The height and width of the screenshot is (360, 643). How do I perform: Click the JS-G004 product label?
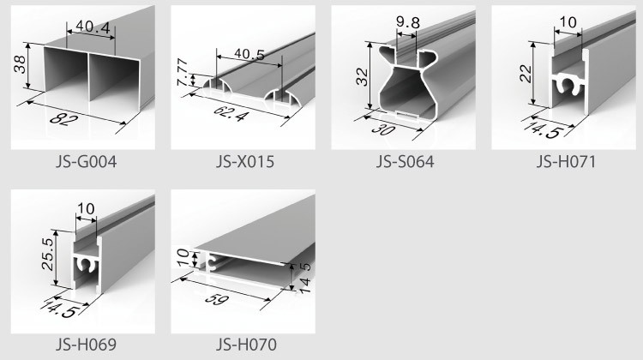coord(86,161)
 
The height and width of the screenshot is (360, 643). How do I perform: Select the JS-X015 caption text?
coord(245,161)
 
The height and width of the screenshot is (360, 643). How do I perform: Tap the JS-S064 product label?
coord(406,161)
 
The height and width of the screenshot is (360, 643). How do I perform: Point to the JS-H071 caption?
coord(566,161)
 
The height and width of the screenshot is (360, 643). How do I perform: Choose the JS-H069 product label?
coord(86,344)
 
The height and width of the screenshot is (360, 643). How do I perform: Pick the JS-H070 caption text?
coord(246,344)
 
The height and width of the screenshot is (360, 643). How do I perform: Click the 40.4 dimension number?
coord(93,27)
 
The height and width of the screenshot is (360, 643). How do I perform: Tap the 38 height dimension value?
coord(20,64)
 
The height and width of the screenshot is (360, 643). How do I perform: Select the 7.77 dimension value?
coord(183,73)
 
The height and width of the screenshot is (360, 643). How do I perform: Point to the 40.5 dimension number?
coord(249,54)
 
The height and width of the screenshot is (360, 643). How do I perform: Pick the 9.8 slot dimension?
coord(408,22)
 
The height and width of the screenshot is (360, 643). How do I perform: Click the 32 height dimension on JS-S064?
coord(362,76)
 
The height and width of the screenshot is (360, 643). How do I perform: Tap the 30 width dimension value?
coord(384,129)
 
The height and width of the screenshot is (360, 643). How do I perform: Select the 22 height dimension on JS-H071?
coord(526,74)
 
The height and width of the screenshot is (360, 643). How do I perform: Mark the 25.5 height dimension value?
coord(47,255)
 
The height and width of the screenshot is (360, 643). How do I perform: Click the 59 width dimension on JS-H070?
coord(217,298)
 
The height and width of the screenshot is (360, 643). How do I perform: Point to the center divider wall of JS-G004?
coord(89,77)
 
